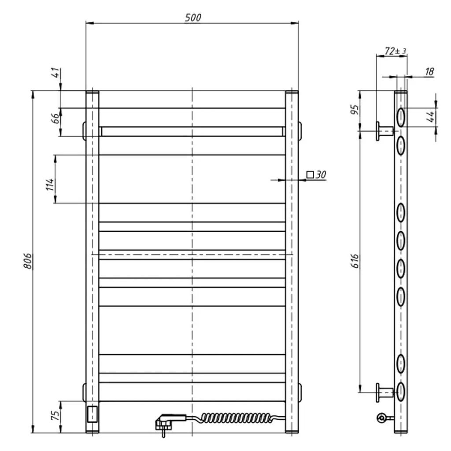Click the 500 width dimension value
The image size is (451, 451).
point(193,18)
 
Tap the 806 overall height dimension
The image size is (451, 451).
point(28,261)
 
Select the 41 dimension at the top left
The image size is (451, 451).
point(57,72)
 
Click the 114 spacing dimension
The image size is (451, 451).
point(50,185)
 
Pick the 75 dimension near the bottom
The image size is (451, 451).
point(55,415)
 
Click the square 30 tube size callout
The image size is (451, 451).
point(316,174)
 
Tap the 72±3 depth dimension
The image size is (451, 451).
point(395,51)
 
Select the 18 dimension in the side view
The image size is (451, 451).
point(429,71)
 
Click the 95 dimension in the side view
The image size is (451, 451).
point(355,110)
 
